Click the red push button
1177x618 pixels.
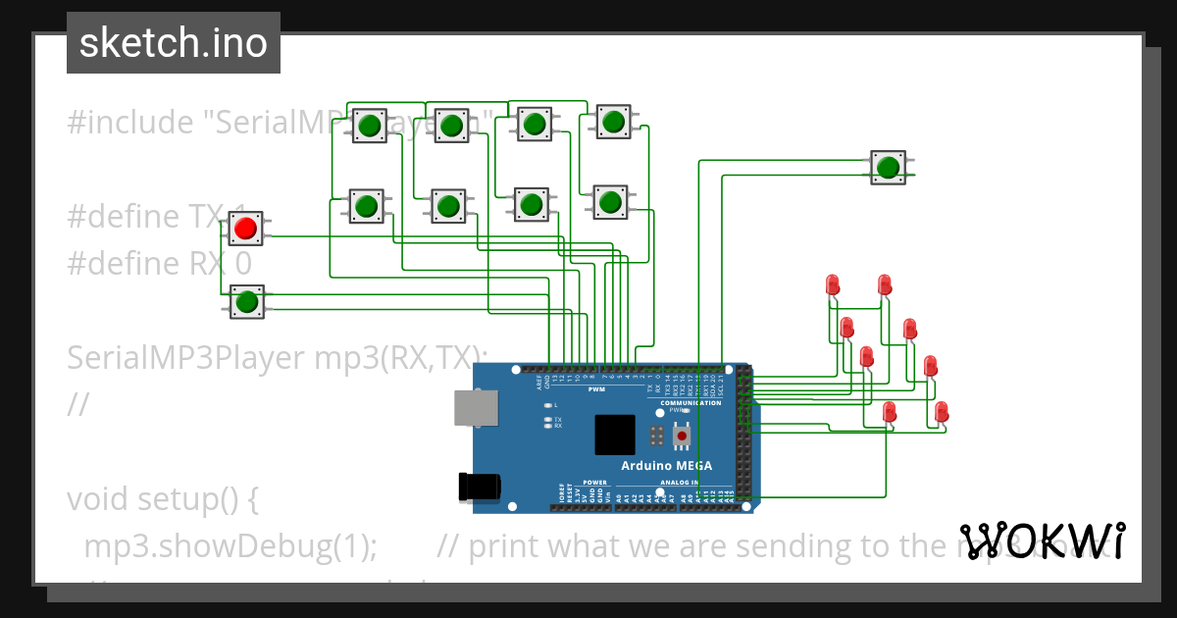[245, 229]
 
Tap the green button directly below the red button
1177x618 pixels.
[246, 301]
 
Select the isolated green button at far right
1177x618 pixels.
[889, 167]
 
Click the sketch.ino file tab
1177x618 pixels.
[174, 43]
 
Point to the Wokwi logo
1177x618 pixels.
[1042, 541]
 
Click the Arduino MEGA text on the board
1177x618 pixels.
[666, 465]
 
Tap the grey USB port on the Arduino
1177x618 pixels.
[475, 407]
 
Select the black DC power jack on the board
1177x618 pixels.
[481, 486]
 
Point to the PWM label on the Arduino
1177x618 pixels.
[596, 389]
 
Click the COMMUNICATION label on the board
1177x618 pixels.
[691, 403]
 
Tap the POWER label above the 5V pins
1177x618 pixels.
[595, 483]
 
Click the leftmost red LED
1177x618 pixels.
[833, 285]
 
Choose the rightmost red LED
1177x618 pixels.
[942, 411]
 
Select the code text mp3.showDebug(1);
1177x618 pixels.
[230, 545]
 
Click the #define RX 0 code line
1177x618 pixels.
[159, 264]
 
